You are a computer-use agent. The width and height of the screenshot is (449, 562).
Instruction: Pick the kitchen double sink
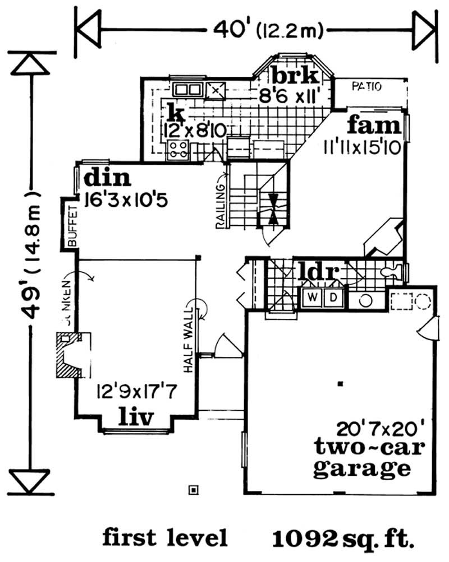(187, 89)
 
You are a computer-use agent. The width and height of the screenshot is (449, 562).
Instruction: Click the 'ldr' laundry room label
(318, 272)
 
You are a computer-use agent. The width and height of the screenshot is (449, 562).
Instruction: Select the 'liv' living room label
(136, 417)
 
